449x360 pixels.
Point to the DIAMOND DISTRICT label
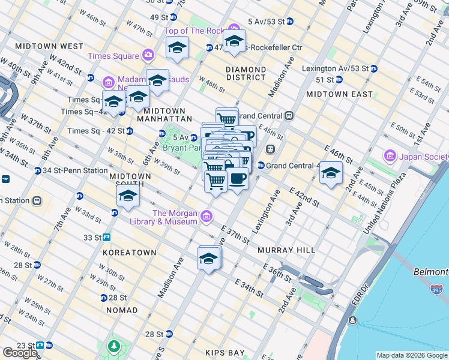point(246,73)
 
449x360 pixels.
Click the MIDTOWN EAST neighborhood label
point(332,94)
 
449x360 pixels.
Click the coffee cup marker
point(238,178)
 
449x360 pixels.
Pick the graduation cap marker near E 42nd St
point(331,173)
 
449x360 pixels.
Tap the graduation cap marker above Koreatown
point(128,196)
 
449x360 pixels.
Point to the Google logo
point(20,353)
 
